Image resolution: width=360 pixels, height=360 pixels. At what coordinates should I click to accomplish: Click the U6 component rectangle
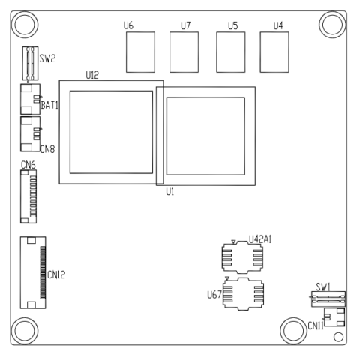[139, 51]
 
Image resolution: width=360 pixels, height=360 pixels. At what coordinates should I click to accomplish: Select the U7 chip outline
[184, 51]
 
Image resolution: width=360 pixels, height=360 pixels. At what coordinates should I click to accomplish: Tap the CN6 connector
[28, 197]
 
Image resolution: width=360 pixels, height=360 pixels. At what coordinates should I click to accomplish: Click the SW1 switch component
[327, 298]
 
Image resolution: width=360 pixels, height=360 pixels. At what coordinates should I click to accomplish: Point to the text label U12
[92, 75]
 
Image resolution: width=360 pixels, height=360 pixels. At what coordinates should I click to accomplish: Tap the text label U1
[169, 192]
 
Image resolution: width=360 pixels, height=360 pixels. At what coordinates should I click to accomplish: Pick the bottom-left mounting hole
[25, 330]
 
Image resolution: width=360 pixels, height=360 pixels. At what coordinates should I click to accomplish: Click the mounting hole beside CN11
[293, 330]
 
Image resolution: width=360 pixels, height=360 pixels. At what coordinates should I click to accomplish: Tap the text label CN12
[58, 274]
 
